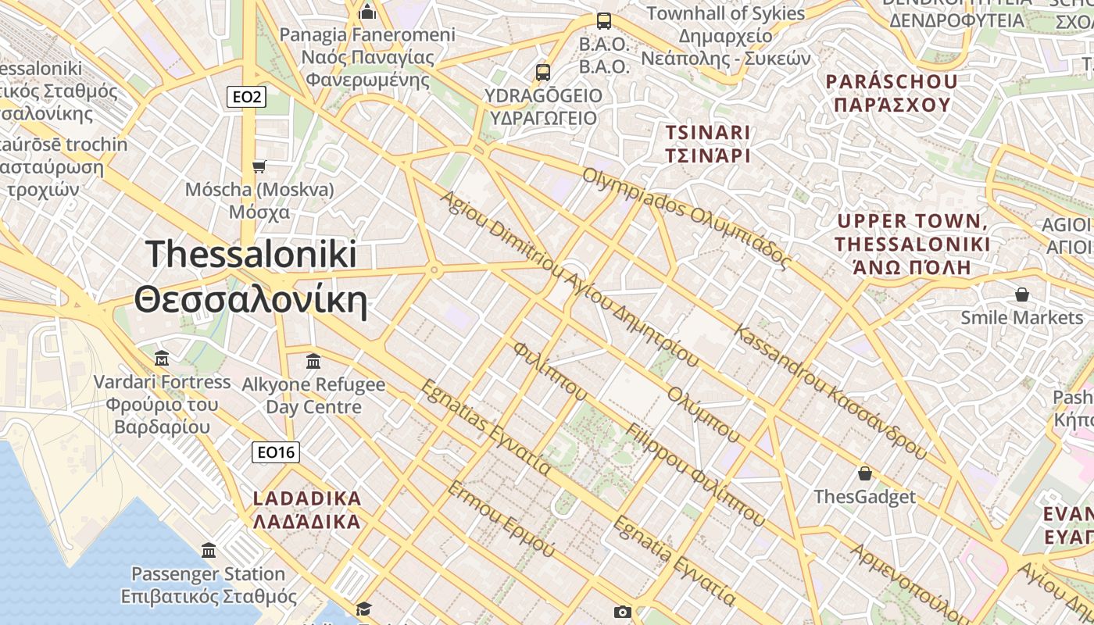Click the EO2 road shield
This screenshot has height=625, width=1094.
247,98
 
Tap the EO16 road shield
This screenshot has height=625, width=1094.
276,452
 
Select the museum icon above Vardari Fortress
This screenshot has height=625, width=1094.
162,359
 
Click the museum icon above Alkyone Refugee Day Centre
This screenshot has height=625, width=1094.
313,362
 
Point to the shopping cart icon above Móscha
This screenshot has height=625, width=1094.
259,166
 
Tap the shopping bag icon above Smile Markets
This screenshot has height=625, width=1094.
1021,295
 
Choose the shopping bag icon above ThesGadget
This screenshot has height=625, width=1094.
865,473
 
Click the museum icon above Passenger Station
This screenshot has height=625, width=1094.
209,551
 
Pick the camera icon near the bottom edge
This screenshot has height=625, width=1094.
622,612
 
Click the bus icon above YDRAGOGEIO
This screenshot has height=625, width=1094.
543,73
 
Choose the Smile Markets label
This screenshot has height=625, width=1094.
1021,317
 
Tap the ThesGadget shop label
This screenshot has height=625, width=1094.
864,497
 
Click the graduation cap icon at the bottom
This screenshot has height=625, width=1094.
363,609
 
